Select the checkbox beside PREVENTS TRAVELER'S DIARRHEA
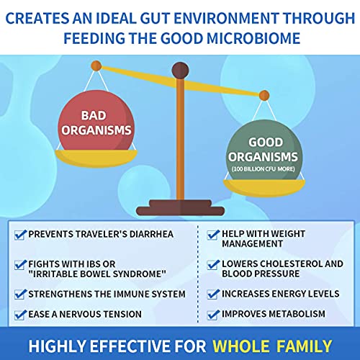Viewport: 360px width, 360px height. point(19,234)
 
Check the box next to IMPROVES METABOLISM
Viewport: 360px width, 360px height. point(212,313)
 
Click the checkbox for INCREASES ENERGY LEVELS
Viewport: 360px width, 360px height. point(212,294)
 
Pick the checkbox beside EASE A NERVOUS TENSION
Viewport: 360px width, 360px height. point(19,313)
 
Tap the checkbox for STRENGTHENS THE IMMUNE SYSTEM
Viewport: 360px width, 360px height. point(19,294)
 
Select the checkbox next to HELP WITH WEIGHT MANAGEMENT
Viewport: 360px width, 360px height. point(212,234)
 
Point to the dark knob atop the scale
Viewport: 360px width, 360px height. point(181,71)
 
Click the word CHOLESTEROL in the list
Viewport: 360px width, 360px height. point(283,264)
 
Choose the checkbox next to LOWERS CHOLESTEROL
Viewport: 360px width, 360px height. point(212,264)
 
